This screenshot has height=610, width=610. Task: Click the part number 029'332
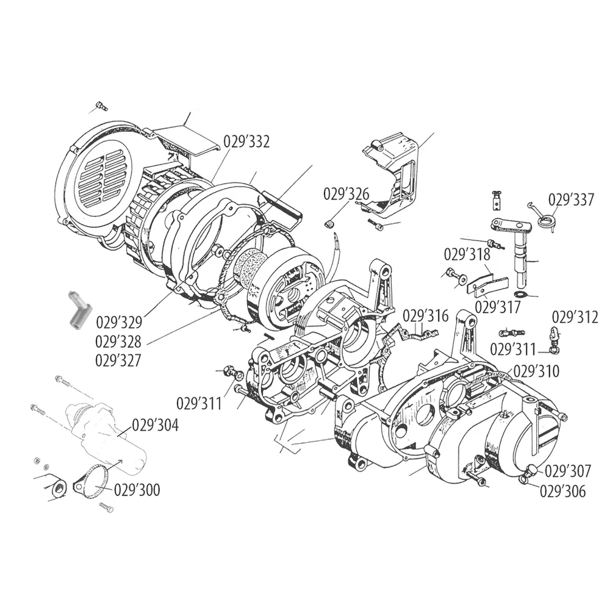coord(246,142)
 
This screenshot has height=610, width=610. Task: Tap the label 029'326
coord(346,194)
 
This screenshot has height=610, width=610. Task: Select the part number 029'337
coord(571,199)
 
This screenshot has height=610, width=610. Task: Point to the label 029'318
coord(467,255)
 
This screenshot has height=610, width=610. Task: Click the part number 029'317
coord(498,307)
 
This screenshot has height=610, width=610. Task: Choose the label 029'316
coord(426,316)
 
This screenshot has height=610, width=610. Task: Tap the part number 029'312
coord(575,317)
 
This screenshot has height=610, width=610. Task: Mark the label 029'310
coord(536,371)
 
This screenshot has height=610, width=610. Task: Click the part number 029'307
coord(567,471)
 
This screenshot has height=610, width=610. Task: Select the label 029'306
coord(562,491)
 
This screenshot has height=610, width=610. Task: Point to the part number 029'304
coord(156,425)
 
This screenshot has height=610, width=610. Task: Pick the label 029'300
coord(137,490)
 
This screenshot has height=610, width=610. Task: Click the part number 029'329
coord(119,323)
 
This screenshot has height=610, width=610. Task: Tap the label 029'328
coord(118,342)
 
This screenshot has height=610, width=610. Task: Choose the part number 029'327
coord(118,361)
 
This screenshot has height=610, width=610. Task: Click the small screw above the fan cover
coord(101,106)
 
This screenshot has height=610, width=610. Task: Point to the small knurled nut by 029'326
coord(329,224)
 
